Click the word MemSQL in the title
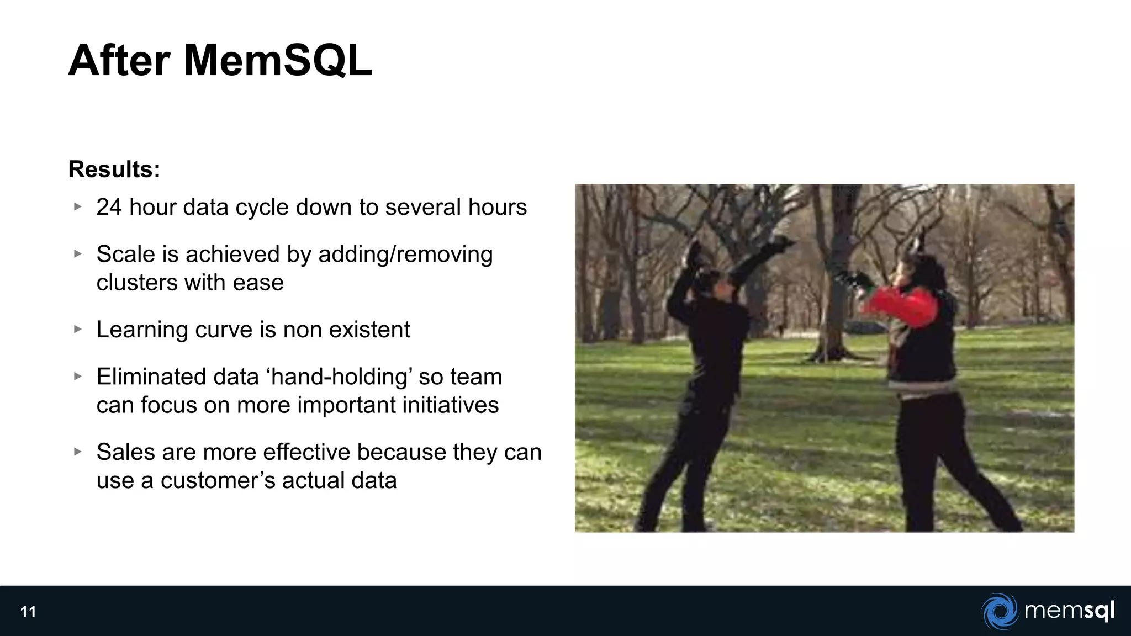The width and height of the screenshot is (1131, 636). pos(278,61)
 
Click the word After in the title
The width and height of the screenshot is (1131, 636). pos(119,61)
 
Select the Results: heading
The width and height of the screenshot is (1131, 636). pos(114,169)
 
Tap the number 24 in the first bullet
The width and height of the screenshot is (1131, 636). pos(109,208)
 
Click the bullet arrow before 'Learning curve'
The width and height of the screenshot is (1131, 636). pos(78,329)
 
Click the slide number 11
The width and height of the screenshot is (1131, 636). pos(28,612)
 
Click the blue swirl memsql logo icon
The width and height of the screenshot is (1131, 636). pos(1000,611)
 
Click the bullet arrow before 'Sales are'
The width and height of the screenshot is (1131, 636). pos(78,452)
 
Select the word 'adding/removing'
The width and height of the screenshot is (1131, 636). pos(405,255)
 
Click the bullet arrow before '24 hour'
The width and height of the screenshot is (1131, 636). pos(78,207)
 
